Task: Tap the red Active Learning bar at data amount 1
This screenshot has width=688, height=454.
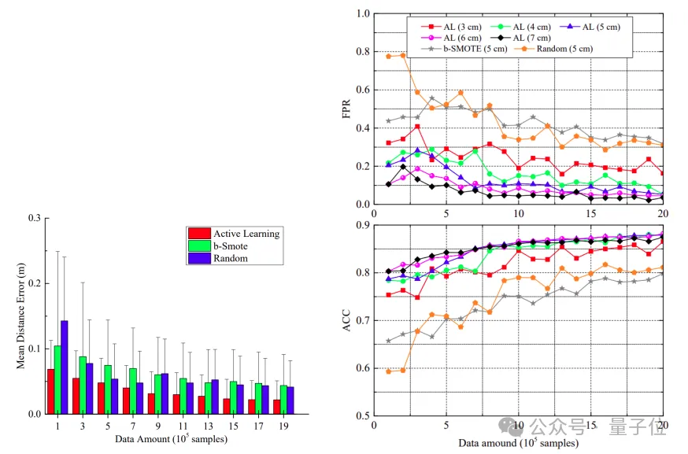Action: click(51, 391)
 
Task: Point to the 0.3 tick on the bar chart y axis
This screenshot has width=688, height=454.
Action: click(32, 218)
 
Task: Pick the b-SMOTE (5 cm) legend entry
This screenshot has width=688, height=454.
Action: click(464, 49)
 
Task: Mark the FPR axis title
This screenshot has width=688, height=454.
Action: click(347, 109)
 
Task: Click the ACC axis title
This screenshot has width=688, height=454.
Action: click(347, 321)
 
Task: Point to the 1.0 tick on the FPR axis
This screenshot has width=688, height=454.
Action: click(362, 14)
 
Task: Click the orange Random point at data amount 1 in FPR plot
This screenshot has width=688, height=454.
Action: click(389, 56)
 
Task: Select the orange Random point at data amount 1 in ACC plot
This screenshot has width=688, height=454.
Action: click(389, 371)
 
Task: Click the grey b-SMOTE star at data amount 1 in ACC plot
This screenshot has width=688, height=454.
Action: click(389, 341)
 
